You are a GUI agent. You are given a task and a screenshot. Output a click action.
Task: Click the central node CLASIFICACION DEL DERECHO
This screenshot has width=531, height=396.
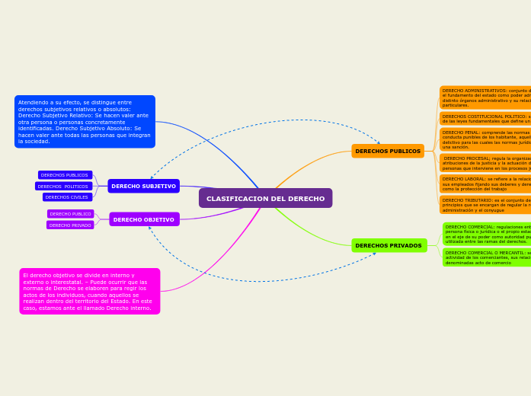[x=265, y=198]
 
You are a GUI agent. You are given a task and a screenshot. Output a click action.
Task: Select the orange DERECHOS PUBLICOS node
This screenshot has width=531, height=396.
[x=387, y=151]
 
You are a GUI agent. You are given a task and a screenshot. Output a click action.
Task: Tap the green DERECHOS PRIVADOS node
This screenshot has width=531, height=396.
[x=389, y=245]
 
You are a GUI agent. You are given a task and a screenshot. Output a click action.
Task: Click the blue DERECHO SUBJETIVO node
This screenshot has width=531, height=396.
[x=143, y=186]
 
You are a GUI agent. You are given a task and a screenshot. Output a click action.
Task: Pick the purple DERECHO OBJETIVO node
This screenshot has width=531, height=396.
[x=144, y=219]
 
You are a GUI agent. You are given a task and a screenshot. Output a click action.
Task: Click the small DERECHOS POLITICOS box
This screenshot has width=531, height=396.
[x=63, y=186]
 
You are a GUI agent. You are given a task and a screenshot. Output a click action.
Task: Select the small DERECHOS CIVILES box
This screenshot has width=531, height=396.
[x=67, y=196]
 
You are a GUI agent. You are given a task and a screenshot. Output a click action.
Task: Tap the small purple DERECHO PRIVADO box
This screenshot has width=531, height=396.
[x=70, y=225]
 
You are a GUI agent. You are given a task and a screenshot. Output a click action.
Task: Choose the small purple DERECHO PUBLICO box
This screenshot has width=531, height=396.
[x=71, y=214]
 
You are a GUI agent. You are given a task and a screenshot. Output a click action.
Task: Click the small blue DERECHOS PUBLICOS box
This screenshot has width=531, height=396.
[x=65, y=174]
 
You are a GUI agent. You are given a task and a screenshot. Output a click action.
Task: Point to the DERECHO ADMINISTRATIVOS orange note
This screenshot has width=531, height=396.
[x=486, y=97]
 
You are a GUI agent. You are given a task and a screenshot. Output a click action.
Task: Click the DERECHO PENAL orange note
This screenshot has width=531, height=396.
[x=486, y=139]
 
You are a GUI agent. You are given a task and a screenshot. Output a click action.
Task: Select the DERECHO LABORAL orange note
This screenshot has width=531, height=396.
[x=486, y=184]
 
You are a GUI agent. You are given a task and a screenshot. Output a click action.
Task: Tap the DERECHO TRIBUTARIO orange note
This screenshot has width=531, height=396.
[x=486, y=204]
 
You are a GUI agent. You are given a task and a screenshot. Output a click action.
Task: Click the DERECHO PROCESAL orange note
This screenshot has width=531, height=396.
[x=486, y=163]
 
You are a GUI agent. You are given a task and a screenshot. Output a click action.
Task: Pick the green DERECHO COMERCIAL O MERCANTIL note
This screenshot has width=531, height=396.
[x=488, y=257]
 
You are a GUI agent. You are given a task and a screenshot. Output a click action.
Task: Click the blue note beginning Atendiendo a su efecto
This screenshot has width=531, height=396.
[x=85, y=121]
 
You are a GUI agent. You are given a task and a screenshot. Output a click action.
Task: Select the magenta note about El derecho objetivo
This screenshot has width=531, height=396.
[x=89, y=291]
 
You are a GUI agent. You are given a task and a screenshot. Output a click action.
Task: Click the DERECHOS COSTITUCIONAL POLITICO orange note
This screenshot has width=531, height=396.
[x=486, y=119]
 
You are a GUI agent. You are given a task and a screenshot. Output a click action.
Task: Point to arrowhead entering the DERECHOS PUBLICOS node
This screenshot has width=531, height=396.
[x=378, y=142]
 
